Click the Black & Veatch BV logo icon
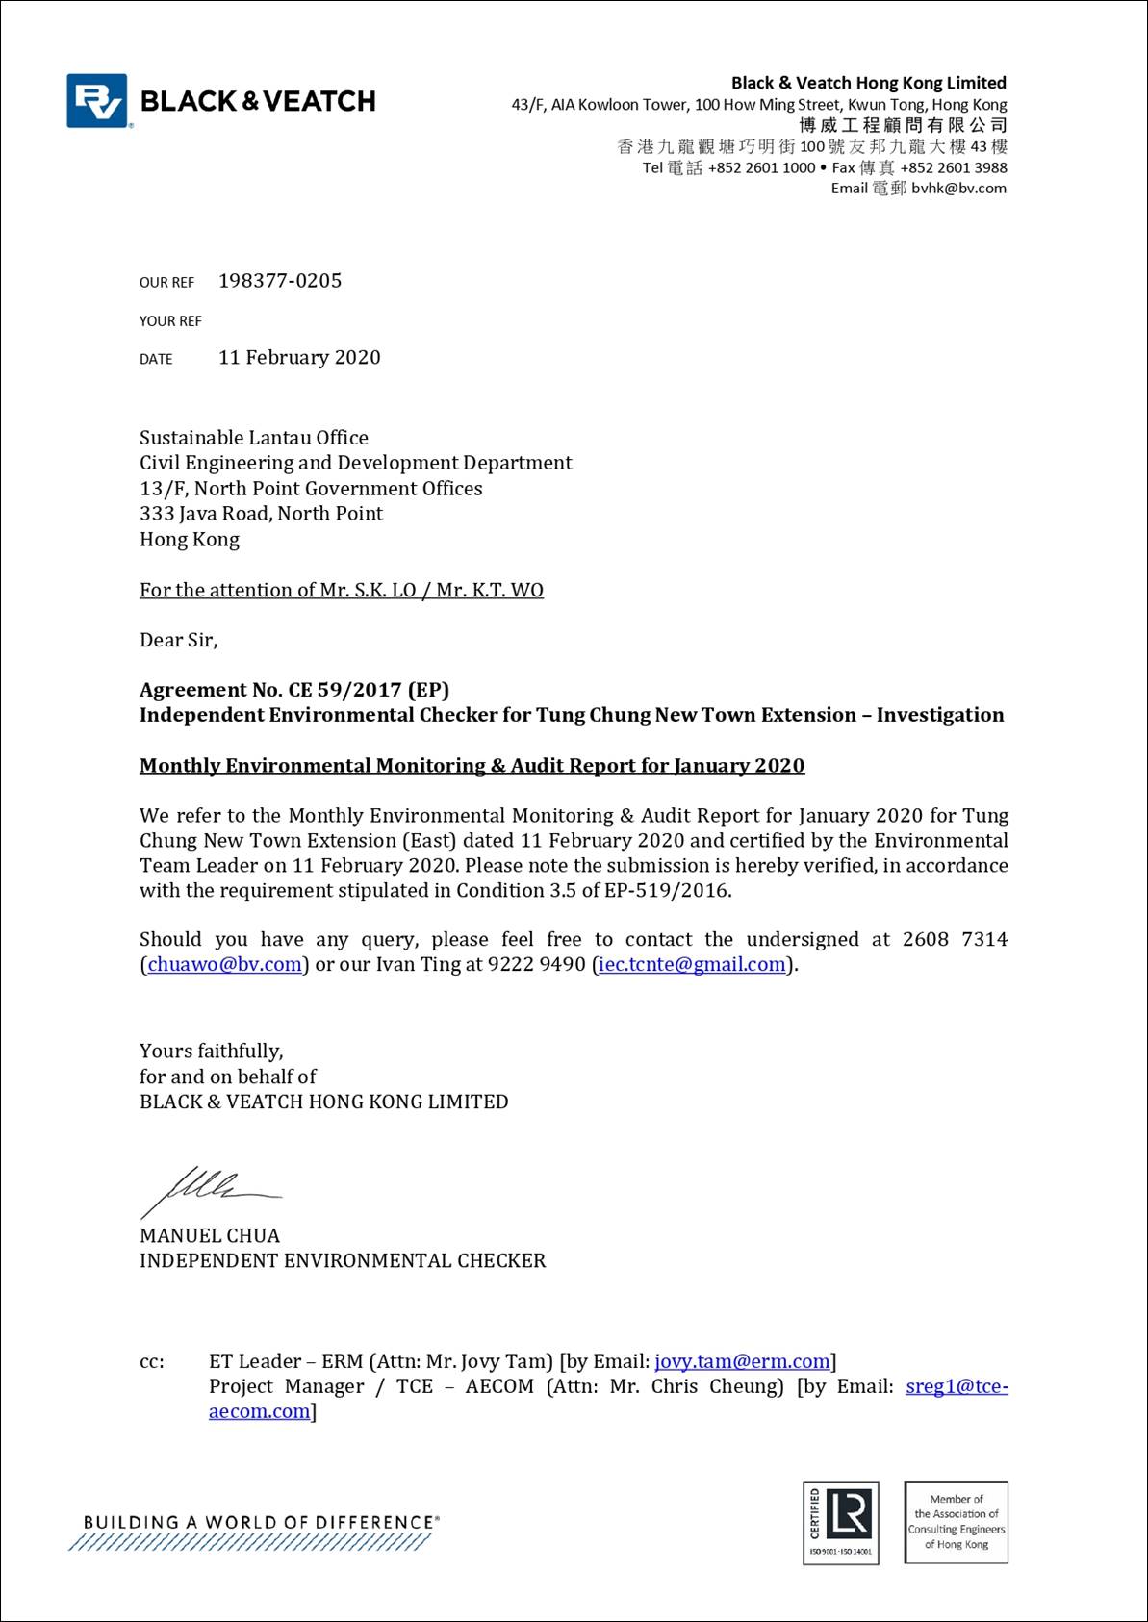[x=96, y=101]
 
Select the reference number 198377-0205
[x=280, y=281]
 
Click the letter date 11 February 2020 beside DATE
[x=299, y=358]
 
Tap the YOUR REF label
[x=170, y=321]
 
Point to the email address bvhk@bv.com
[x=958, y=189]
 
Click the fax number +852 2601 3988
[x=954, y=167]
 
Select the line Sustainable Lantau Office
[x=254, y=438]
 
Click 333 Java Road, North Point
[x=261, y=514]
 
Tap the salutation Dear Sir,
[x=179, y=640]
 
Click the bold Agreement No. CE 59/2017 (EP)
[x=294, y=690]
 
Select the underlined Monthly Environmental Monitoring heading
[x=472, y=766]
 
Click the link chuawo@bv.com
[x=224, y=964]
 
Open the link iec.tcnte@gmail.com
[x=692, y=964]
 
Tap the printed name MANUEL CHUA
[x=210, y=1236]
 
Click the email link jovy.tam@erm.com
[x=742, y=1361]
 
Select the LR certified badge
[x=841, y=1522]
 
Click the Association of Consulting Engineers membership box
[x=957, y=1522]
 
